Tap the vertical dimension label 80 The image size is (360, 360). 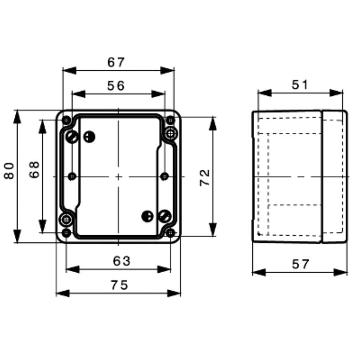[9, 171]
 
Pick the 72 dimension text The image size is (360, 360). [204, 177]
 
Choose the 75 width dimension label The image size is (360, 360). [119, 284]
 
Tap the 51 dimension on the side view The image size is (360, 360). [299, 85]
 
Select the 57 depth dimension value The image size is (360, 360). [300, 264]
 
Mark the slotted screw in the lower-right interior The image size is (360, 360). [164, 216]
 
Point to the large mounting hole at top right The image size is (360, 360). [171, 133]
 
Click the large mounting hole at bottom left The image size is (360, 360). [67, 220]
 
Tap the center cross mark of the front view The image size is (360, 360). [118, 176]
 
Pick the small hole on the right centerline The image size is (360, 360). [164, 176]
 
